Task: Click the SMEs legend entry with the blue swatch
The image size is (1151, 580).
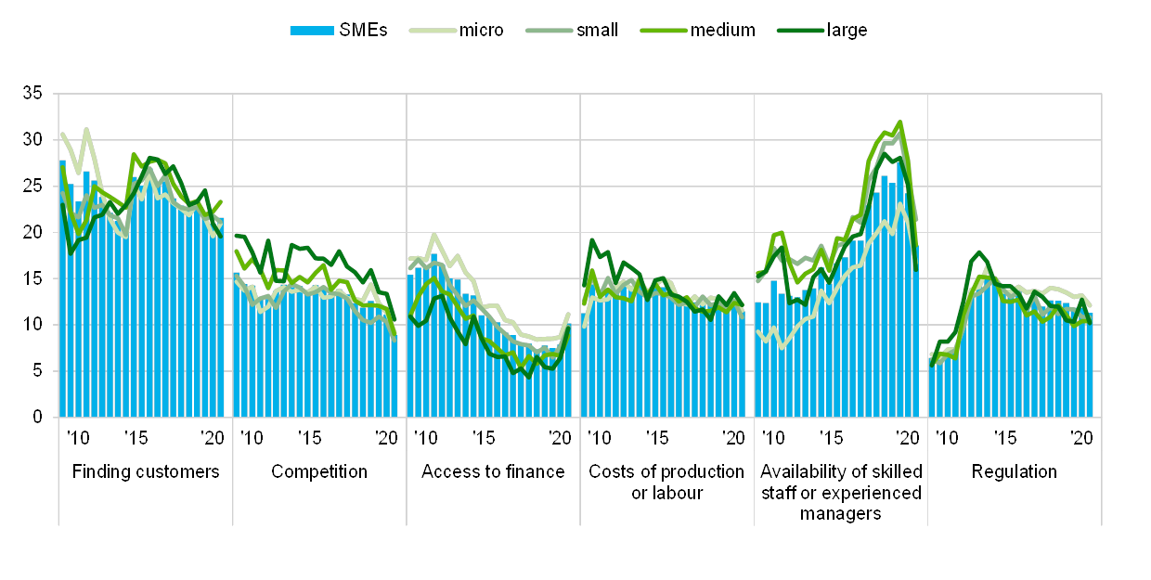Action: (338, 30)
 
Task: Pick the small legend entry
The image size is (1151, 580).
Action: (568, 30)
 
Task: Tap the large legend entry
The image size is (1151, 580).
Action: (823, 30)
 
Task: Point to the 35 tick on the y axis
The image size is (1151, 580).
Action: (33, 93)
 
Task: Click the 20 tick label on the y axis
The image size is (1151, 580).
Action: (33, 232)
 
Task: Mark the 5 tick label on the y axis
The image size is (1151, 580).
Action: (37, 371)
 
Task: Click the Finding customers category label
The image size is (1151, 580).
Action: (146, 471)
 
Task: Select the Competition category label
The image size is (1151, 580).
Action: (319, 471)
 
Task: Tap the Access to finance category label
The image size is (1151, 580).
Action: (493, 471)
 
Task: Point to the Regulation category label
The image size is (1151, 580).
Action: (1015, 471)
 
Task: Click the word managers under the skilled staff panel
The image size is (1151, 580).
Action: (841, 512)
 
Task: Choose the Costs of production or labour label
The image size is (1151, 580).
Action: (666, 482)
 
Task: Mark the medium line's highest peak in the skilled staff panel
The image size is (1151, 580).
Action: (899, 122)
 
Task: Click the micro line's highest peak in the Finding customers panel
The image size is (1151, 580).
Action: (86, 129)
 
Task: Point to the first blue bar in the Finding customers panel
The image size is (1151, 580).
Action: (62, 289)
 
